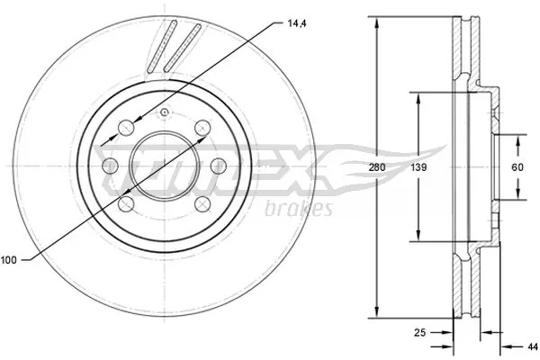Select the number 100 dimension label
tap(9, 261)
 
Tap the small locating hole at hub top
tap(165, 112)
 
